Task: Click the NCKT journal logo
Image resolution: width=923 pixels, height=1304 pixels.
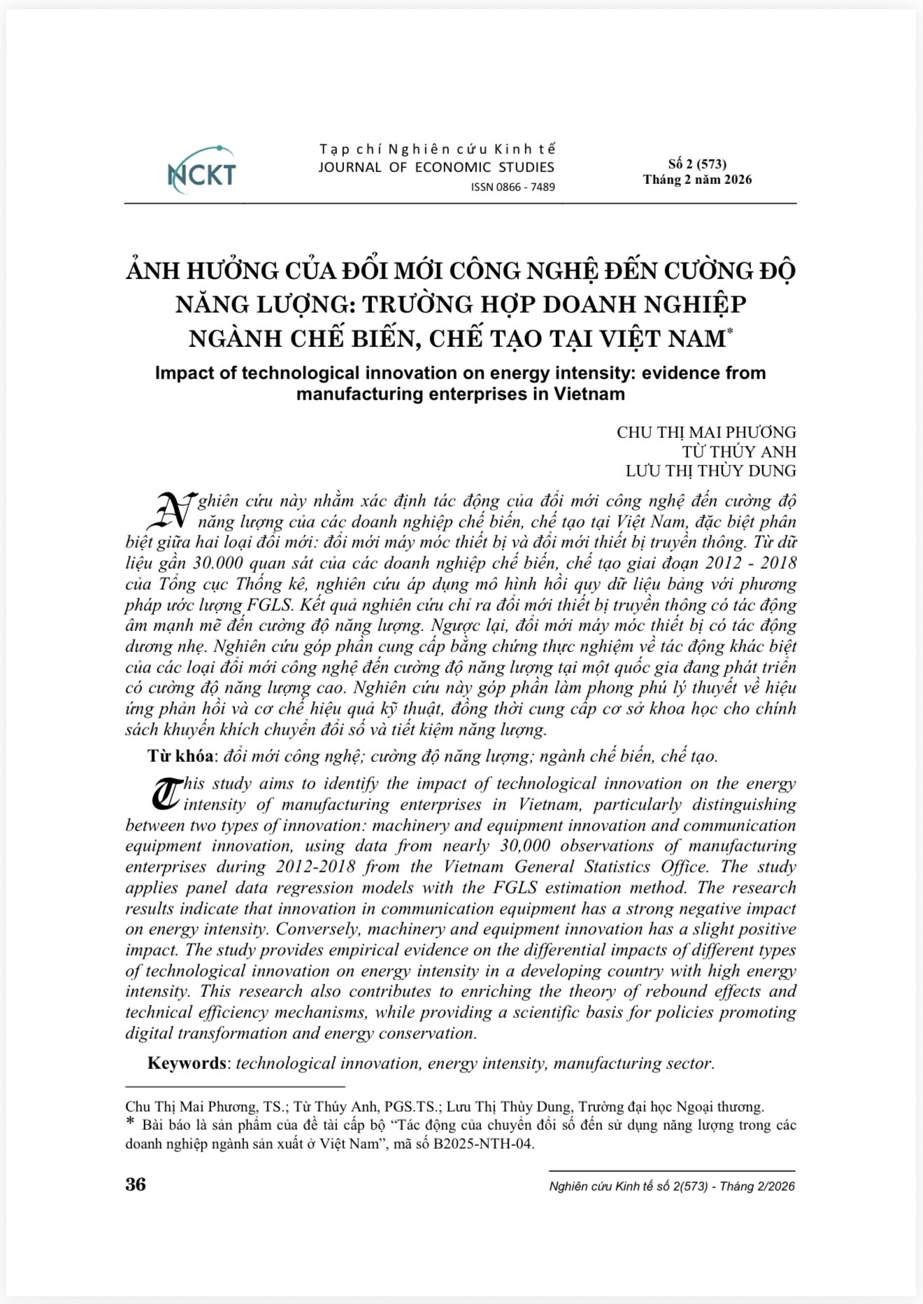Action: pos(201,170)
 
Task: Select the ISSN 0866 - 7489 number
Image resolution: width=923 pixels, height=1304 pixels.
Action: pos(513,187)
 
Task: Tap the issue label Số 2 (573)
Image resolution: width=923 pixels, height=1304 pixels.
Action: pos(696,164)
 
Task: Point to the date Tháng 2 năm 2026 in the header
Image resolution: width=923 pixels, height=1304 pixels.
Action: pos(697,180)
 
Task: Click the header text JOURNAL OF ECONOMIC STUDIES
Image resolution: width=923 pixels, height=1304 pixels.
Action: pos(436,167)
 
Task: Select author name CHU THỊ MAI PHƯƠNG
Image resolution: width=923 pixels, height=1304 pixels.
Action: pos(706,432)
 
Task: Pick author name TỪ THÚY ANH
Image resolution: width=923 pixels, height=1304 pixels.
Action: pos(738,451)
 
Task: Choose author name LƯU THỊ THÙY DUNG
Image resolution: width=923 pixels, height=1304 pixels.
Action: pos(710,470)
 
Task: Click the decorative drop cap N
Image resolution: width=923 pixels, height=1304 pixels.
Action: pos(171,511)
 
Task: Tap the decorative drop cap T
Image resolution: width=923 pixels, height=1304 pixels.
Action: pos(165,794)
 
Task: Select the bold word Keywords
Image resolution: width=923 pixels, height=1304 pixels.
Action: pos(187,1063)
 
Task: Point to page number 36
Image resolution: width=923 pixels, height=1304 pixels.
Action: pos(136,1184)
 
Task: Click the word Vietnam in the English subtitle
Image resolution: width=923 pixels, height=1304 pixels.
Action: pos(597,394)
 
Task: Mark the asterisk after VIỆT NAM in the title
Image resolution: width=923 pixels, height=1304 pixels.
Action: pos(729,331)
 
